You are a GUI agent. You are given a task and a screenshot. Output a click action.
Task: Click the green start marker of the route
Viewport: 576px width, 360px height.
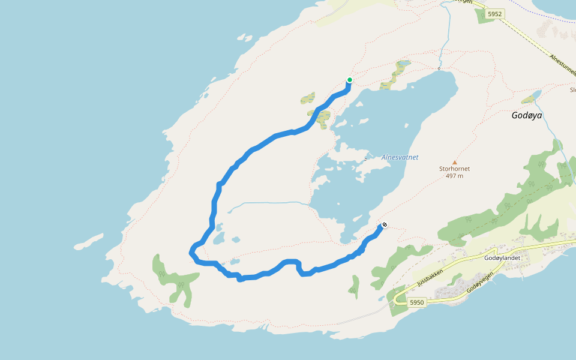[349, 80]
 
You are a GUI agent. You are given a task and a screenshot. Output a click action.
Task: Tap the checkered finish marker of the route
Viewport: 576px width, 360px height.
[384, 225]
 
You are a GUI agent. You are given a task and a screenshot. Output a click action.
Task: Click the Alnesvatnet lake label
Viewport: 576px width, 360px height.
[400, 157]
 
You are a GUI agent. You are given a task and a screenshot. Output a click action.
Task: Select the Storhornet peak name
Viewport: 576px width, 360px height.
[454, 169]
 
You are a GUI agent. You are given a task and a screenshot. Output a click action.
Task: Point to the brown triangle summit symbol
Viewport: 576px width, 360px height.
[454, 162]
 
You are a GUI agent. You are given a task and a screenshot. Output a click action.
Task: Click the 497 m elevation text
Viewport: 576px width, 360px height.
[454, 176]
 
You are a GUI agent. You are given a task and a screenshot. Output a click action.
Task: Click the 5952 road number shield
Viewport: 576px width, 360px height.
[494, 14]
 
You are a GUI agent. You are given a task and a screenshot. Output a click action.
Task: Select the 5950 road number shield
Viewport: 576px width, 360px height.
[417, 302]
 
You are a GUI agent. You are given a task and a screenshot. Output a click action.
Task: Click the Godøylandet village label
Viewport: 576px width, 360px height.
[503, 257]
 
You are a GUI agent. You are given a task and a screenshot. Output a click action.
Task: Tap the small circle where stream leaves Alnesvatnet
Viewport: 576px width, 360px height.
[439, 68]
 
